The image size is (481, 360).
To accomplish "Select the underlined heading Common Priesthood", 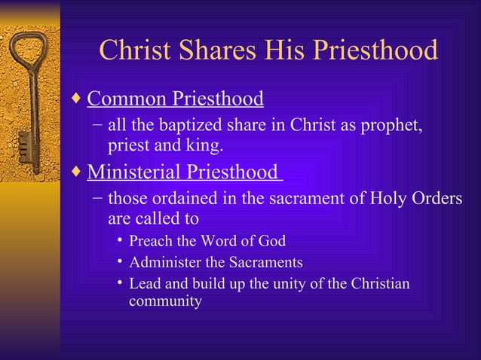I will click(x=175, y=99).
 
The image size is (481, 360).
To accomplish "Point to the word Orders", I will click(x=437, y=200).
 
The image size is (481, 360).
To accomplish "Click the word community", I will click(x=165, y=302).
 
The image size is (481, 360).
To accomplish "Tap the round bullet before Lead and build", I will click(x=120, y=284).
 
